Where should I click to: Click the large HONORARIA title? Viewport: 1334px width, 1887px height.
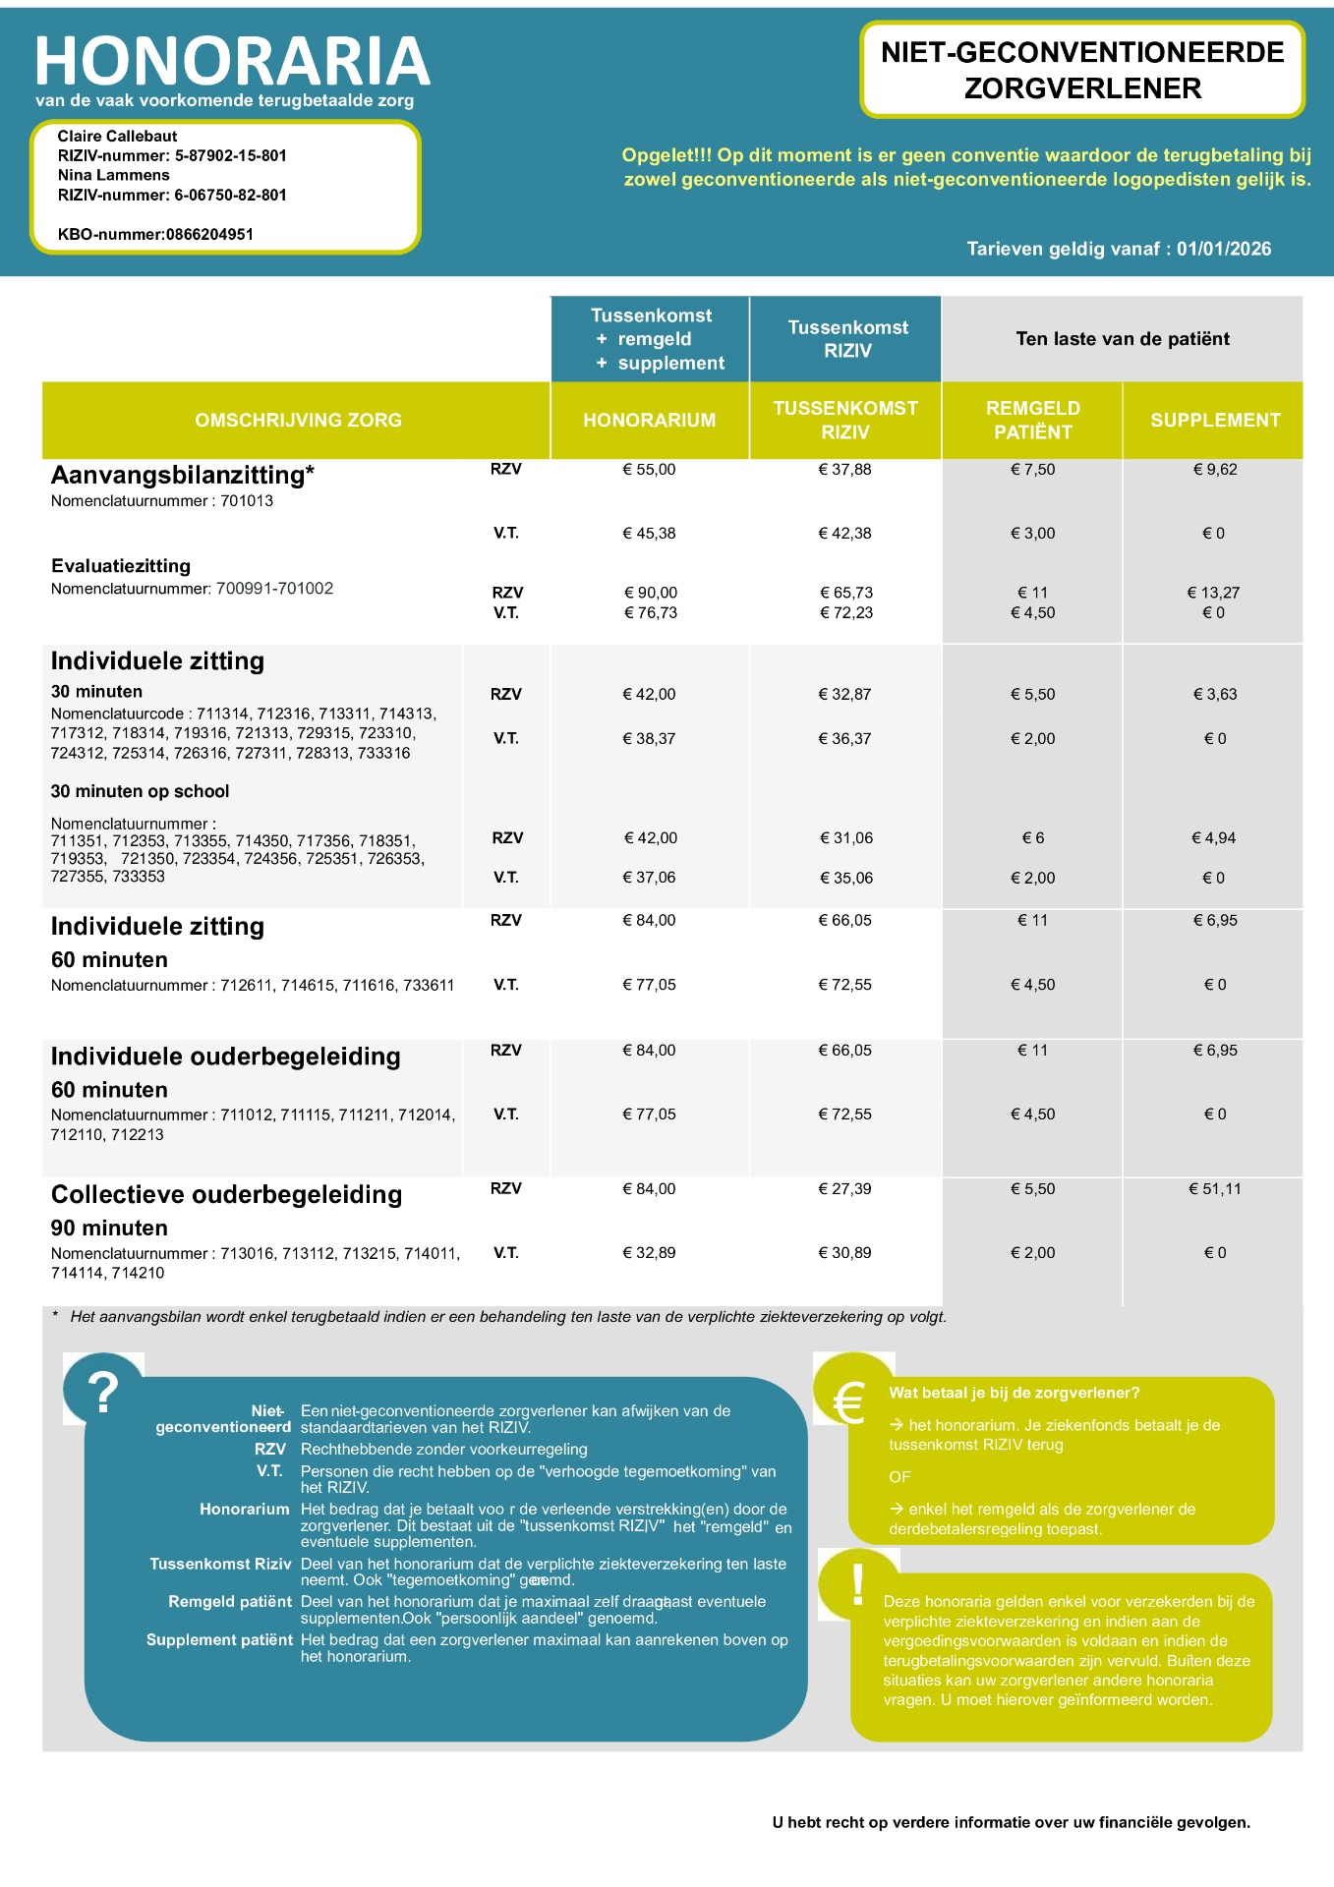tap(232, 61)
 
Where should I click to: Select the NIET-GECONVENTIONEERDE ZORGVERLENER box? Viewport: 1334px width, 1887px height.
tap(1082, 71)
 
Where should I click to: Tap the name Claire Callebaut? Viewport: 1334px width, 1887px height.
tap(117, 136)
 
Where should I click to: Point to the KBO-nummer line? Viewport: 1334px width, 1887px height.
tap(155, 234)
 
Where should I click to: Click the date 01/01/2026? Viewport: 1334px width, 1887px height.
tap(1224, 249)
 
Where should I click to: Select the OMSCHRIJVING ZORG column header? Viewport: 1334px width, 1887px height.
tap(298, 420)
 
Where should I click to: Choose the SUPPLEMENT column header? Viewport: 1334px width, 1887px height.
tap(1215, 420)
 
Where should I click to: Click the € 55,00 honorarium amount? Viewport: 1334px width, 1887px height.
tap(649, 470)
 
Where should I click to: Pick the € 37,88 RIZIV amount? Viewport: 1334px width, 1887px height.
tap(844, 470)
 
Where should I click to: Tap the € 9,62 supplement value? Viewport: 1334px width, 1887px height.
tap(1215, 470)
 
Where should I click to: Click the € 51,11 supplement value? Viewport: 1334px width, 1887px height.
tap(1215, 1189)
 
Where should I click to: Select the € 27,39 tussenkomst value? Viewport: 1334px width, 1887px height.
tap(844, 1189)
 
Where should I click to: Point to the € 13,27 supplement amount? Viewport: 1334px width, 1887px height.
tap(1213, 593)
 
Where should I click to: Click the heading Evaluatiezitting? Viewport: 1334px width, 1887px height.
tap(121, 566)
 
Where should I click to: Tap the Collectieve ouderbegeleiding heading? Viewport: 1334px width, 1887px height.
tap(226, 1194)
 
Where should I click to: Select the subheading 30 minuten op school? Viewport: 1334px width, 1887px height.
tap(140, 791)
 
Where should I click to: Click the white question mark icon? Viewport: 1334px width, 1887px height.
tap(103, 1392)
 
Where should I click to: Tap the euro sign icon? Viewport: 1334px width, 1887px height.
tap(848, 1401)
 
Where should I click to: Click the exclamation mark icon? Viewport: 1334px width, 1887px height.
tap(858, 1584)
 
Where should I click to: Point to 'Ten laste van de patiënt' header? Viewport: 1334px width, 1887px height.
tap(1123, 339)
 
